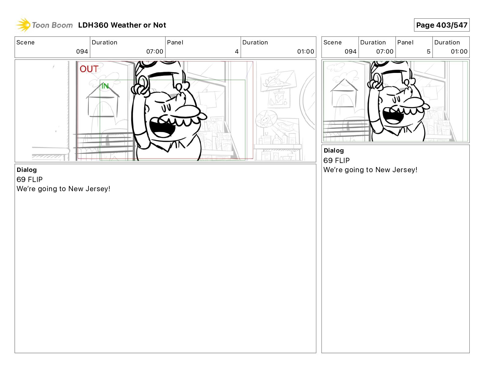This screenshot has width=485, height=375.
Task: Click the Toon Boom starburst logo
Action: [23, 25]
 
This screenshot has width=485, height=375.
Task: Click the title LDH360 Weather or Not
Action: [122, 25]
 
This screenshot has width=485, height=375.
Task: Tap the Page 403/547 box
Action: [442, 25]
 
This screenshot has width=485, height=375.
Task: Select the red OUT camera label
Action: [89, 69]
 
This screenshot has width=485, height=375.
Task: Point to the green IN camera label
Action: [105, 86]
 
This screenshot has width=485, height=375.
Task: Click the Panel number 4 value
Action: [237, 51]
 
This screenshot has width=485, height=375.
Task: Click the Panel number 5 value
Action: [428, 51]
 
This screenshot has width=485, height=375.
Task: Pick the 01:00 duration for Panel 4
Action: [305, 51]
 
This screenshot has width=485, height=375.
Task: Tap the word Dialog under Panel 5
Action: [334, 150]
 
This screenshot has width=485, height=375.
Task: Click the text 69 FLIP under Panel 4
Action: [29, 179]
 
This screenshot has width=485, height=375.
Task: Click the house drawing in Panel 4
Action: [103, 102]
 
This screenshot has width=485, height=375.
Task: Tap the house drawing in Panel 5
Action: [344, 93]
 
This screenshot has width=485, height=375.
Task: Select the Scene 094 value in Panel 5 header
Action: [350, 51]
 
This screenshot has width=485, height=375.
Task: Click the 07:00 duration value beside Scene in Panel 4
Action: [155, 51]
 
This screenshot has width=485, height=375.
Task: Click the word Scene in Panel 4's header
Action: [25, 43]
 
